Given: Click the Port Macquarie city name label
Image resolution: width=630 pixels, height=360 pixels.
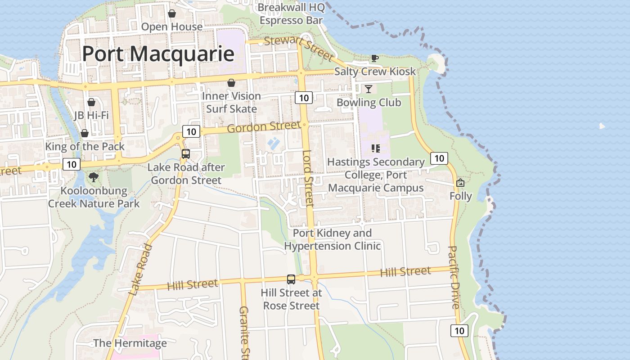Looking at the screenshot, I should pos(158,54).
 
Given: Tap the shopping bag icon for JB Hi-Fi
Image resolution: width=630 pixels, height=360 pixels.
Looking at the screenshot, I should pos(91,103).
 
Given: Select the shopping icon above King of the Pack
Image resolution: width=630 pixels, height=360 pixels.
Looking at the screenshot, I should pos(84,133).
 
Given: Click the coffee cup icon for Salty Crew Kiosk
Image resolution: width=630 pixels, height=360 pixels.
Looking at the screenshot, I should pos(374,58).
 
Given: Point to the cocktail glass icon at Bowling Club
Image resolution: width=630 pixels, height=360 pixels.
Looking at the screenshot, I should pos(369,89).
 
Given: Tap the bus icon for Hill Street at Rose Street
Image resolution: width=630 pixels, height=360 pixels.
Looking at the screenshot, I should pos(291,279).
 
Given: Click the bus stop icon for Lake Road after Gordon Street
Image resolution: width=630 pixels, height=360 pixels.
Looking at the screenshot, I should pos(186,154).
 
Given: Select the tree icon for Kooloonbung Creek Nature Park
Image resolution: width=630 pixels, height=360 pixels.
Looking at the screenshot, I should pos(94,177).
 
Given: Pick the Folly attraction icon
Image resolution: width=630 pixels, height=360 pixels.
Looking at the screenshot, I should pos(460,183).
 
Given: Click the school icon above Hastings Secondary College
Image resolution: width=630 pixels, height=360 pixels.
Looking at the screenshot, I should pos(376,148).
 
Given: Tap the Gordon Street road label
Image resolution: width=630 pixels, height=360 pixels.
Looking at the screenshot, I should pos(263,127).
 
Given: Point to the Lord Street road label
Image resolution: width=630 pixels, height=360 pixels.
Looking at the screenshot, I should pos(308,178).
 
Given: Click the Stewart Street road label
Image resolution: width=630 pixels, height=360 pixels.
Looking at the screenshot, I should pos(299,48).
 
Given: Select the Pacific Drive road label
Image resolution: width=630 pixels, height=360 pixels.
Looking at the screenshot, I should pos(454,277).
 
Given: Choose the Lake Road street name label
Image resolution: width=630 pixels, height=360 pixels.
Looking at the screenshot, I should pos(140,270).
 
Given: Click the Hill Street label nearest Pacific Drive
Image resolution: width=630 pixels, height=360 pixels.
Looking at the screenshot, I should pos(405,272).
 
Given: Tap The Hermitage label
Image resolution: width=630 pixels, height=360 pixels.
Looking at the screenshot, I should pos(130,343).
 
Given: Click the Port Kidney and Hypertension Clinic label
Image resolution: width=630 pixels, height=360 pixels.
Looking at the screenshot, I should pos(332,239).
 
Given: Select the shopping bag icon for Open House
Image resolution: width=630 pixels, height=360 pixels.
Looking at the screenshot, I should pos(171,14).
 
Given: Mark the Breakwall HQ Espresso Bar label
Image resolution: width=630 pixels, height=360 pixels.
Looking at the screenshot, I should pos(291,14).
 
